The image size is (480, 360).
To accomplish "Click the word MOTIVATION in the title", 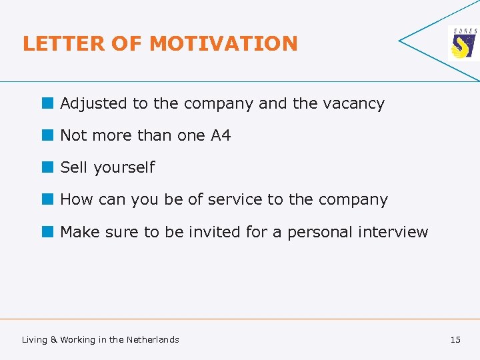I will (223, 44).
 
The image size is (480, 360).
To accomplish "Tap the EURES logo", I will (463, 44).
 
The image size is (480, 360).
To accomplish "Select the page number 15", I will (455, 340).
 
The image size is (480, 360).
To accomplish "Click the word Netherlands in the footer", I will (153, 340).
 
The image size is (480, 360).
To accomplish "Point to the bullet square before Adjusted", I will (47, 103).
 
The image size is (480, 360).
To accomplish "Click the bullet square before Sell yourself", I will (47, 167).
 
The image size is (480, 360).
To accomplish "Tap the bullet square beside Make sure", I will (47, 231).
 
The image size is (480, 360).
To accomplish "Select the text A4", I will (221, 135).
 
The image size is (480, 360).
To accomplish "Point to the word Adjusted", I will (93, 104).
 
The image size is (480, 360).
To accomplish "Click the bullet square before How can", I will (47, 199).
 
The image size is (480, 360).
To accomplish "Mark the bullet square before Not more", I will (47, 135).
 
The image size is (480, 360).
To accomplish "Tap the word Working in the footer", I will (78, 340).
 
